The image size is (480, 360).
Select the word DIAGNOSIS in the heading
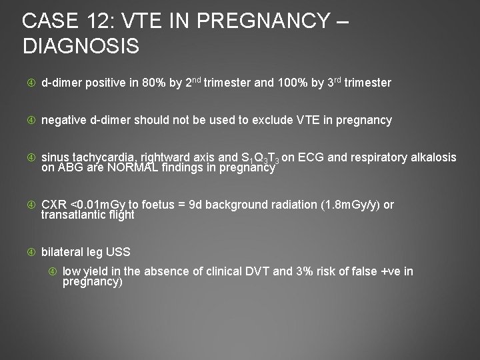pos(81,47)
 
